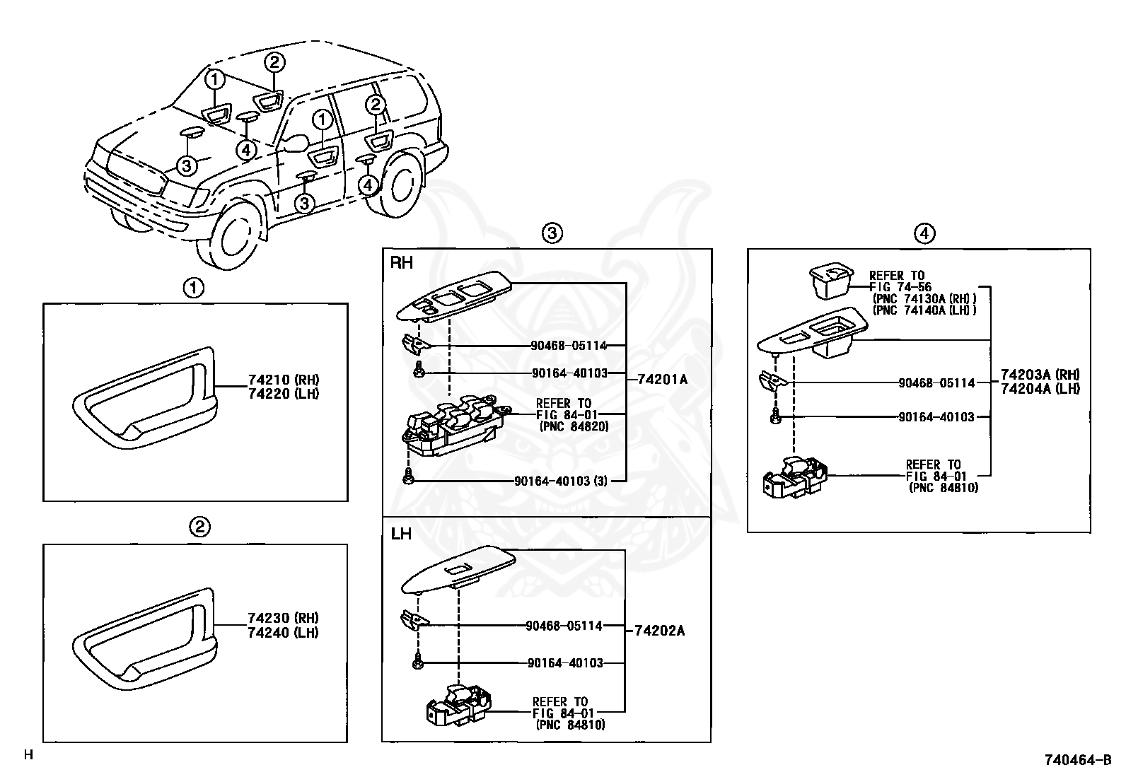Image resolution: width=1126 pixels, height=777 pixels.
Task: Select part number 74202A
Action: pyautogui.click(x=659, y=630)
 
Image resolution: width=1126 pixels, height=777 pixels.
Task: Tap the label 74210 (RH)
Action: pyautogui.click(x=284, y=380)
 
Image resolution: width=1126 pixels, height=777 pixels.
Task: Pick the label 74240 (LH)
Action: pyautogui.click(x=283, y=633)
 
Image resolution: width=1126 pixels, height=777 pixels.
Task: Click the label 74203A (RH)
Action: pyautogui.click(x=1040, y=375)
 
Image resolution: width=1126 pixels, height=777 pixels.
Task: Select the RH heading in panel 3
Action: pyautogui.click(x=401, y=264)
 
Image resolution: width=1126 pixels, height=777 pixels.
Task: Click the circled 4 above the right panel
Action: pyautogui.click(x=924, y=233)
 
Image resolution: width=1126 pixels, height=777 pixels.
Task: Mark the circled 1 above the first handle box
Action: pyautogui.click(x=194, y=288)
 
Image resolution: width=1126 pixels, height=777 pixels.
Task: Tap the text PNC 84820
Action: pyautogui.click(x=573, y=426)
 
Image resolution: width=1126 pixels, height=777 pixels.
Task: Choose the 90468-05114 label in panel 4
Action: pyautogui.click(x=936, y=383)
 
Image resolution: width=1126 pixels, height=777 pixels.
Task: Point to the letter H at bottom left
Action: pyautogui.click(x=28, y=755)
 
